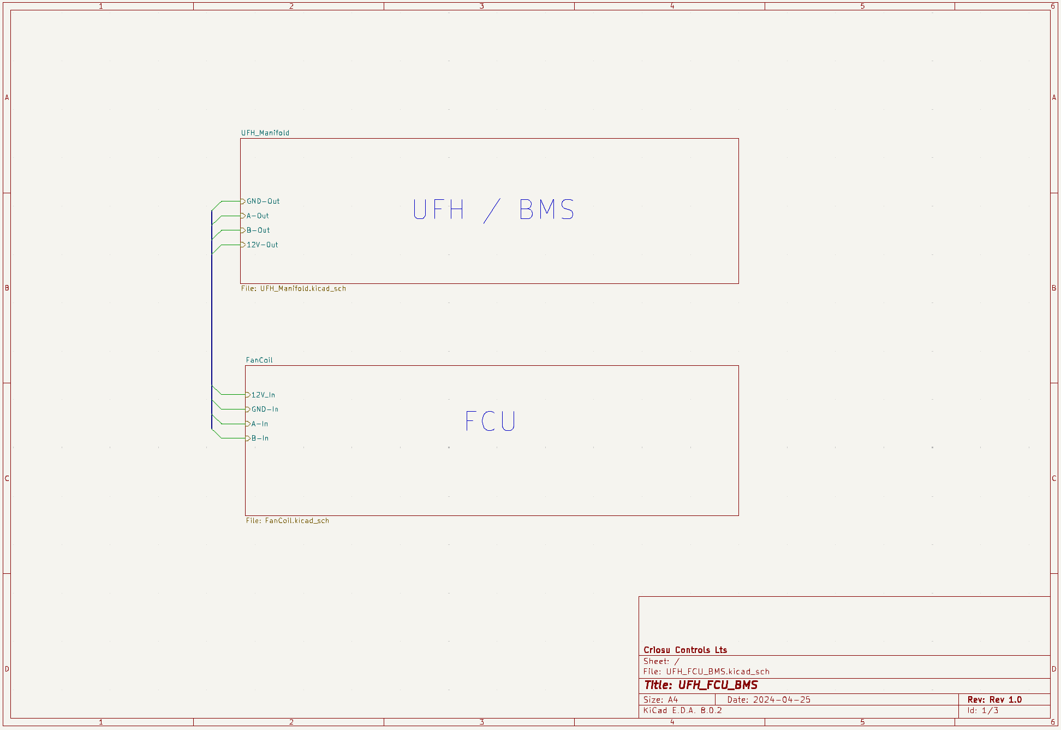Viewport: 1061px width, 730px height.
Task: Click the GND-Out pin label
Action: coord(263,201)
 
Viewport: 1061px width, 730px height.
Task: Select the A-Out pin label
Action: coord(258,216)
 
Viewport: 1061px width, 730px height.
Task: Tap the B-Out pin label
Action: coord(258,230)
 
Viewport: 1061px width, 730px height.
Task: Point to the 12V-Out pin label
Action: coord(263,245)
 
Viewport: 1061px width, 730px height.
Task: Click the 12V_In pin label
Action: coord(263,395)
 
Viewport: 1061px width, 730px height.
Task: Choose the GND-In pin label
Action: coord(265,409)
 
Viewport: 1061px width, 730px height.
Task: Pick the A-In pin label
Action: coord(260,424)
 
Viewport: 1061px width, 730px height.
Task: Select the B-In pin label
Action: coord(260,438)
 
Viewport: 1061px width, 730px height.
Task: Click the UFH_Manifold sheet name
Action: coord(265,133)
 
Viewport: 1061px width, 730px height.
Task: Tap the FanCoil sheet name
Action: coord(259,360)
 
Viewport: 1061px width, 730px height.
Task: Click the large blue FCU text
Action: coord(490,421)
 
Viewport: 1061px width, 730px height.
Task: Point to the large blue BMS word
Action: coord(546,210)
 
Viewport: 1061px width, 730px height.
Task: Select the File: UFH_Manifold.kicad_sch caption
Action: coord(294,288)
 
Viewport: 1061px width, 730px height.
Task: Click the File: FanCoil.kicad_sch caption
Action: coord(288,520)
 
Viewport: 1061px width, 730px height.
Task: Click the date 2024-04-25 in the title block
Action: coord(782,699)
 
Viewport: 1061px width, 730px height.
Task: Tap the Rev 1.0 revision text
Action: coord(1005,699)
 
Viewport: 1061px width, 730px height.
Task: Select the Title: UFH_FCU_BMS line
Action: coord(701,685)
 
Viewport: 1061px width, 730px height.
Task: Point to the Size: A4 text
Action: coord(660,699)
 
